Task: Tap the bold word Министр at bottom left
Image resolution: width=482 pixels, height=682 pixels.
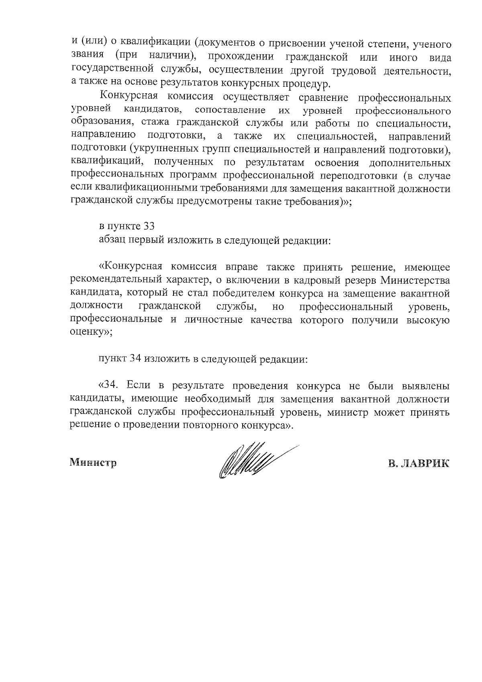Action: (x=94, y=463)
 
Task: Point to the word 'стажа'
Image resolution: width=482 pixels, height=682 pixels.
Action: (x=162, y=123)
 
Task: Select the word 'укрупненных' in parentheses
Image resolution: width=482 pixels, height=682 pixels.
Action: (x=163, y=150)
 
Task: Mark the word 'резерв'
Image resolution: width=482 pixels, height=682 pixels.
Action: (x=361, y=281)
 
